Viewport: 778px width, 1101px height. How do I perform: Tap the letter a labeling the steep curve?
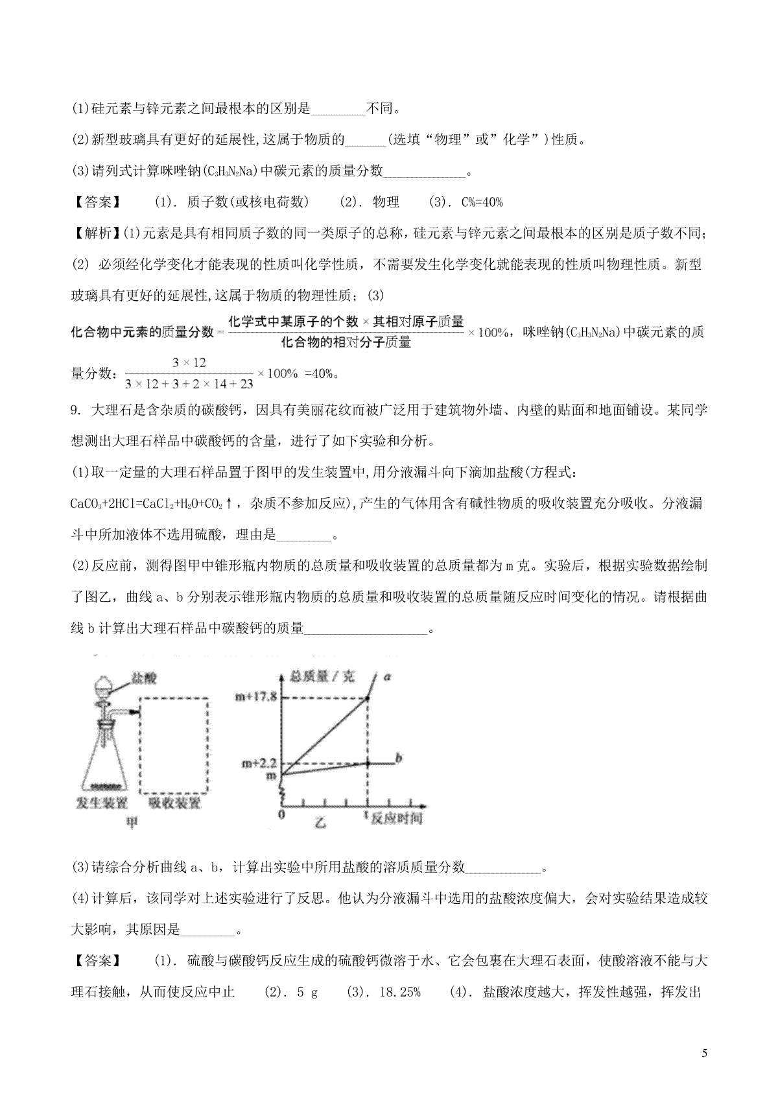coord(387,677)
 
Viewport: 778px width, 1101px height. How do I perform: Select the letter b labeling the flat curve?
coord(399,757)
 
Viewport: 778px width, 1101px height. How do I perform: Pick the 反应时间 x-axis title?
coord(396,818)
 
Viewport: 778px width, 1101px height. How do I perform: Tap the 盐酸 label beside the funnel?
coord(144,678)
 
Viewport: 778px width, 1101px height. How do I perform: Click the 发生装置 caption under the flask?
coord(102,803)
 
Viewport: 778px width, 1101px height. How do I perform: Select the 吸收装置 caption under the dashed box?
coord(174,803)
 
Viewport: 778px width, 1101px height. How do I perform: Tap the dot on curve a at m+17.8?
coord(368,698)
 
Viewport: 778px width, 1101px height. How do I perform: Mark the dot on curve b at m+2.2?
coord(368,763)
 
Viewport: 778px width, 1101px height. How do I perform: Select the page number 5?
coord(704,1053)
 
